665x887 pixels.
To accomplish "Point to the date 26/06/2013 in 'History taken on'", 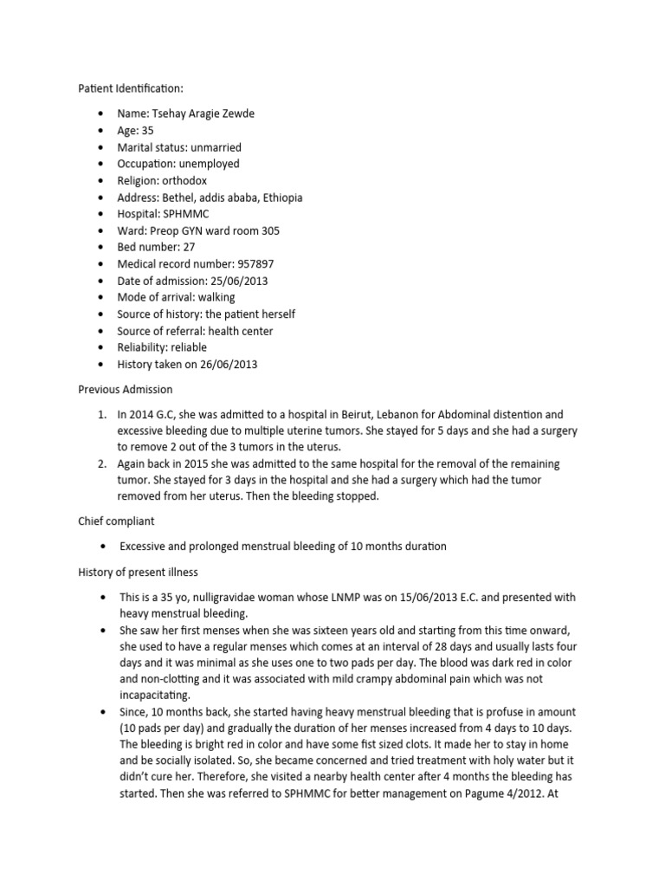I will click(x=228, y=365).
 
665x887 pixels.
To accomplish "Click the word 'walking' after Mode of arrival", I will click(x=214, y=298).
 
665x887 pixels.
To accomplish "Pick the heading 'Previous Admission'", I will click(x=126, y=390).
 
